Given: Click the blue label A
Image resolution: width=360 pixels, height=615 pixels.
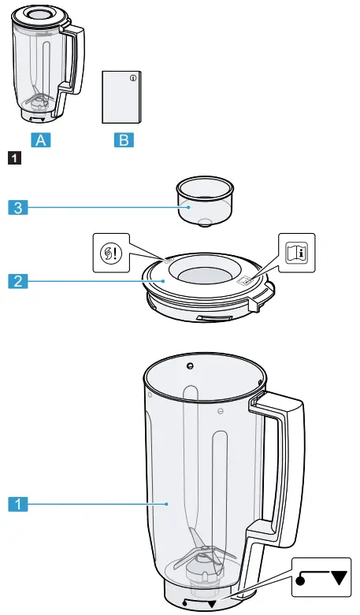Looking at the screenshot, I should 41,141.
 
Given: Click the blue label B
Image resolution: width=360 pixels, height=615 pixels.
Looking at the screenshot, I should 124,141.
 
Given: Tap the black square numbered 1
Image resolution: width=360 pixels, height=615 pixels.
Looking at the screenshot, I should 12,160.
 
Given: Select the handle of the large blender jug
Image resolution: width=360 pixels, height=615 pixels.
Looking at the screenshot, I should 284,465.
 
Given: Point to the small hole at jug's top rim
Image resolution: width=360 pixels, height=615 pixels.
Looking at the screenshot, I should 190,365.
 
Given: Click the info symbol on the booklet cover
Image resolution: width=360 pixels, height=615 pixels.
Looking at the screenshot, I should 133,78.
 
